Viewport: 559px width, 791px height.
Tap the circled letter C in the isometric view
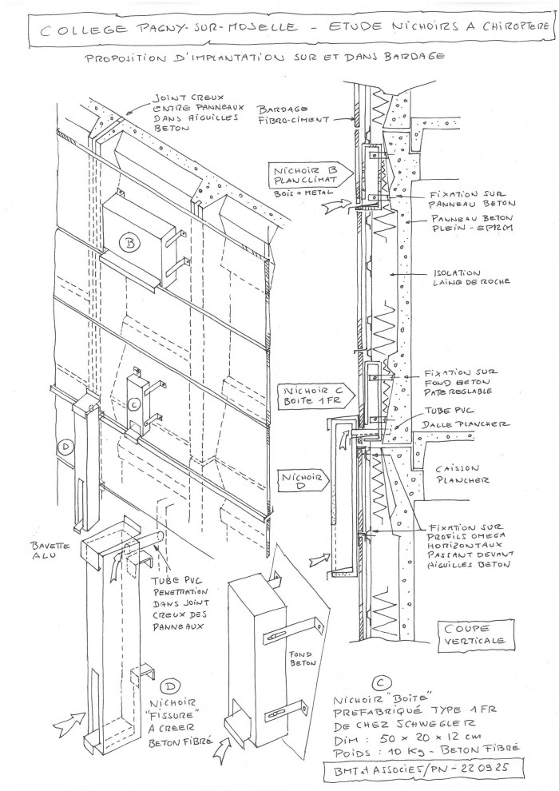pyautogui.click(x=135, y=404)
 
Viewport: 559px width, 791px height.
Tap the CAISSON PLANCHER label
pyautogui.click(x=462, y=475)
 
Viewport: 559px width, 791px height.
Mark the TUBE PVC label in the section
pyautogui.click(x=438, y=410)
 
